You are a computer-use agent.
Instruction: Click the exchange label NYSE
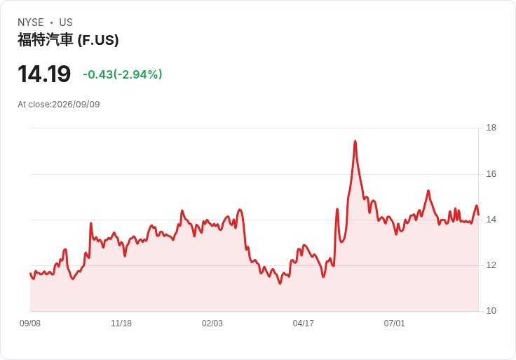[x=31, y=22]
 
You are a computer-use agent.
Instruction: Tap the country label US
[x=66, y=22]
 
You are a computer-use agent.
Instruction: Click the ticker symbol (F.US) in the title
[x=98, y=40]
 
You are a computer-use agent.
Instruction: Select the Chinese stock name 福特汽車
[x=45, y=40]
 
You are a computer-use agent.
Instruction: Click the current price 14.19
[x=44, y=74]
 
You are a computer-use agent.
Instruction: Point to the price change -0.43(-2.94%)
[x=123, y=74]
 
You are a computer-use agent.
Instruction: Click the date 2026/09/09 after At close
[x=76, y=105]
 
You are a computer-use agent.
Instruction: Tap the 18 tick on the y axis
[x=491, y=128]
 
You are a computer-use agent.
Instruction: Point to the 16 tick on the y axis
[x=491, y=174]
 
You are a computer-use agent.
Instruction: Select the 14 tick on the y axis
[x=491, y=220]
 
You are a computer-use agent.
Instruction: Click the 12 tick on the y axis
[x=491, y=265]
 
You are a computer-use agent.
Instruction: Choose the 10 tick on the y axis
[x=491, y=311]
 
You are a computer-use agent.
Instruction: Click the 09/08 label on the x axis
[x=30, y=324]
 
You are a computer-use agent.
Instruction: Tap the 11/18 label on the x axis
[x=121, y=324]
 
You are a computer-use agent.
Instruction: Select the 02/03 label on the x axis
[x=212, y=324]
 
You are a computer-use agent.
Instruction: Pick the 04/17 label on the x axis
[x=303, y=324]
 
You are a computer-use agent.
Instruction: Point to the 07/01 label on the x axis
[x=394, y=324]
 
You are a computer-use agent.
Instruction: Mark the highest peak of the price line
[x=355, y=141]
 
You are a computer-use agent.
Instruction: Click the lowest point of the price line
[x=280, y=284]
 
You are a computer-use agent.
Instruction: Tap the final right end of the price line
[x=478, y=215]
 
